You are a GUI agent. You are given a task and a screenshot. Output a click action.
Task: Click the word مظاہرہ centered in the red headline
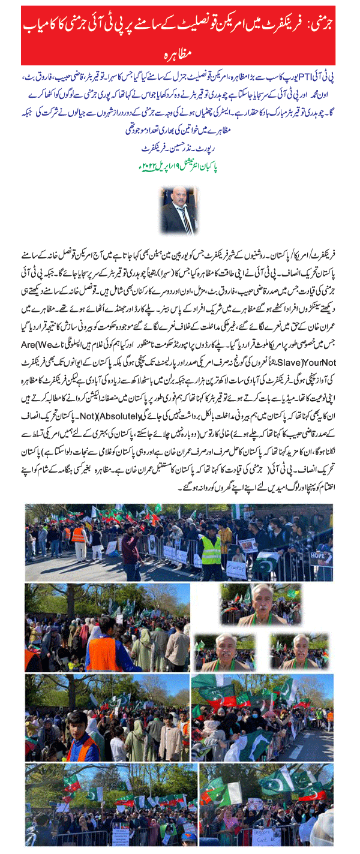[x=179, y=52]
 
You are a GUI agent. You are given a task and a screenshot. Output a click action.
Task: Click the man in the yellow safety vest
[x=211, y=547]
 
